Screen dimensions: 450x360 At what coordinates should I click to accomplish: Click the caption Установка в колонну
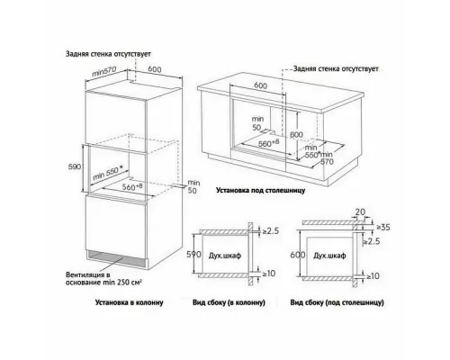[129, 302]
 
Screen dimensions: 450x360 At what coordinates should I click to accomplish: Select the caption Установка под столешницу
[260, 190]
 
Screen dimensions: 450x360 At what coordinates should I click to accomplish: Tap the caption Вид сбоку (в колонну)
[229, 302]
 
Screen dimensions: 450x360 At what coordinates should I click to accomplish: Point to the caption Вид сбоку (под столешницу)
[337, 302]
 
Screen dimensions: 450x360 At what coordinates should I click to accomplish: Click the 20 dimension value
[360, 211]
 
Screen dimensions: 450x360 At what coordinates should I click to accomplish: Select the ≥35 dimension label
[383, 228]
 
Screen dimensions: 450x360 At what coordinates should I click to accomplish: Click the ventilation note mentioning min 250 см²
[103, 279]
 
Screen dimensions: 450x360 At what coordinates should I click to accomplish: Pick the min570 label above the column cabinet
[103, 72]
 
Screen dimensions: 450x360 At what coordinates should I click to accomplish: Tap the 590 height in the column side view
[193, 255]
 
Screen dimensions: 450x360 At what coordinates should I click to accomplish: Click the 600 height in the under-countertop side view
[298, 255]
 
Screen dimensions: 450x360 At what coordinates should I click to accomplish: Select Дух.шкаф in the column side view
[225, 256]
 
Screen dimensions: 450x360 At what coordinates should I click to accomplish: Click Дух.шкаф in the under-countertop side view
[329, 256]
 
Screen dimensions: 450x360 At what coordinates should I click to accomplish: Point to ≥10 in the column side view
[268, 274]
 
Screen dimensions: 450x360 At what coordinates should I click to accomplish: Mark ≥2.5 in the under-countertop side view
[372, 241]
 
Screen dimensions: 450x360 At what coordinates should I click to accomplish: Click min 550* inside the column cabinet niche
[108, 174]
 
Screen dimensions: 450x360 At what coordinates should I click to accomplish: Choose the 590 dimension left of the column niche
[75, 166]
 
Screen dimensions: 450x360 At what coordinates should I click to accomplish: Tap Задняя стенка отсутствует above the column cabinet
[108, 54]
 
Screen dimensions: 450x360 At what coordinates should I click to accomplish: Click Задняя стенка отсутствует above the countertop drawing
[336, 68]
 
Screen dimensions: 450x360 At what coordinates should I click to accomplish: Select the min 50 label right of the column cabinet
[193, 186]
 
